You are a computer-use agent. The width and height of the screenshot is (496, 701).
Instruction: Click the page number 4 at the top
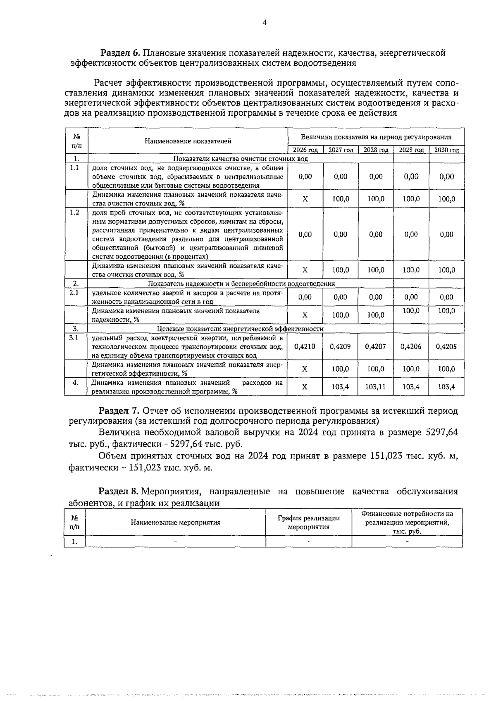point(265,23)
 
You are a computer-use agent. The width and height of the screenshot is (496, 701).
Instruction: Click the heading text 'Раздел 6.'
point(121,53)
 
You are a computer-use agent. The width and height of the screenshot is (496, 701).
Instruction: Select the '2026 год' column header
point(305,150)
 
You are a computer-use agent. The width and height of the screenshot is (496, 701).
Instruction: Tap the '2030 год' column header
point(446,150)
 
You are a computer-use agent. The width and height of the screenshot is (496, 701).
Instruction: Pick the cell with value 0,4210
point(305,347)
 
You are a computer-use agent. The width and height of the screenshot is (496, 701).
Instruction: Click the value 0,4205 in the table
point(446,347)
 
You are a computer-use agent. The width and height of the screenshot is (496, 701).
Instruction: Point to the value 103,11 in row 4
point(376,387)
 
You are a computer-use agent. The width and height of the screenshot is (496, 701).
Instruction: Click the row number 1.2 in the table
point(75,212)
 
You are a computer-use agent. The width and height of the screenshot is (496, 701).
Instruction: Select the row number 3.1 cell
point(75,338)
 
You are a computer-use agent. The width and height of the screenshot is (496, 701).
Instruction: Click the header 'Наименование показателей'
point(188,141)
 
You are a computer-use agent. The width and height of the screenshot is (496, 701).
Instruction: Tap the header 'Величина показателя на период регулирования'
point(376,137)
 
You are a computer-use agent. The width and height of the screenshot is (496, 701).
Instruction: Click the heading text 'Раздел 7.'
point(119,411)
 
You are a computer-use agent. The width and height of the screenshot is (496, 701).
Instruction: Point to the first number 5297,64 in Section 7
point(441,433)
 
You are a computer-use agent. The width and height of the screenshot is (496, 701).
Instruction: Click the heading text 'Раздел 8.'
point(119,491)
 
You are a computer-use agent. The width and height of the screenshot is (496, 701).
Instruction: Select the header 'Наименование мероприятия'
point(176,522)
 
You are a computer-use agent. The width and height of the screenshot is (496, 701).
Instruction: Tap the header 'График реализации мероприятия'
point(309,522)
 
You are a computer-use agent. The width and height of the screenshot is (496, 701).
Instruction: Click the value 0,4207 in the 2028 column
point(376,347)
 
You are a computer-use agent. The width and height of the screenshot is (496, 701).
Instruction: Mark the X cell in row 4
point(305,387)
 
